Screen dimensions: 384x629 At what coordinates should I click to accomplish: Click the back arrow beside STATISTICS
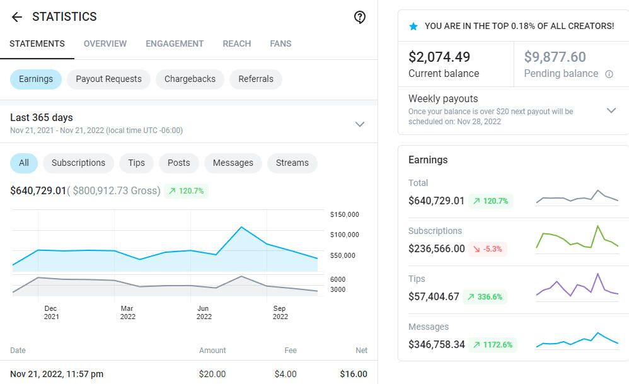point(17,17)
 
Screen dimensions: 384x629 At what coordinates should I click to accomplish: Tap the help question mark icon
point(360,18)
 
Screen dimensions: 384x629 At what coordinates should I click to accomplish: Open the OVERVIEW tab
point(105,44)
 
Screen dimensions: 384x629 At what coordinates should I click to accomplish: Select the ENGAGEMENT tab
point(175,44)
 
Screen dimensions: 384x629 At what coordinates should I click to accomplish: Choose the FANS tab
point(280,44)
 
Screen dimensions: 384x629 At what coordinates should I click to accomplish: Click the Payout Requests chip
point(108,79)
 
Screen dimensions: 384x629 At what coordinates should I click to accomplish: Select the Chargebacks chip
point(190,79)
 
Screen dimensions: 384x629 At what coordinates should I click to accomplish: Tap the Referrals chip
point(256,79)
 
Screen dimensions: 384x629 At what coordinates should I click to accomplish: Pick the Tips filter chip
point(136,163)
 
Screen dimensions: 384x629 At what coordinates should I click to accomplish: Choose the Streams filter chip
point(292,163)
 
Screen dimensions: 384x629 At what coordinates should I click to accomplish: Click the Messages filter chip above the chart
point(233,163)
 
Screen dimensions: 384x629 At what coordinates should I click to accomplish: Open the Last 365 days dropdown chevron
point(360,124)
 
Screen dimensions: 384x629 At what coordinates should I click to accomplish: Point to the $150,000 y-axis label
point(344,214)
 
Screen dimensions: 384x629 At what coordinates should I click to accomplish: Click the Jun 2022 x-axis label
point(204,313)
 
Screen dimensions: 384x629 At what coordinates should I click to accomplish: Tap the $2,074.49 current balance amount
point(439,57)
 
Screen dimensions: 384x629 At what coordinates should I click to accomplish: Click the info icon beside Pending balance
point(609,74)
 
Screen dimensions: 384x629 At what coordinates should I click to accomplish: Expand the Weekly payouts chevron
point(611,110)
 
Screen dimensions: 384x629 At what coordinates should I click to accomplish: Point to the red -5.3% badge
point(489,249)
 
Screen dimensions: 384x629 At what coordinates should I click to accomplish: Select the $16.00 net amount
point(354,374)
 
